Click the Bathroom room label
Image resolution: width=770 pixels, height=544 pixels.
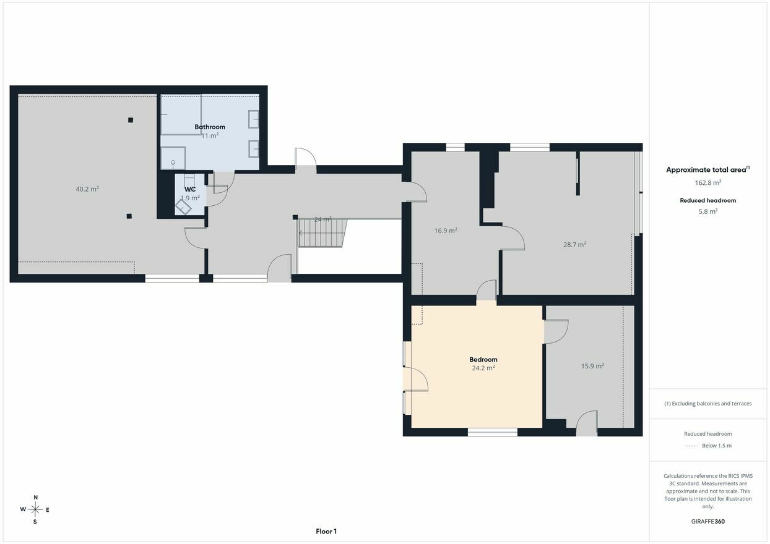point(210,127)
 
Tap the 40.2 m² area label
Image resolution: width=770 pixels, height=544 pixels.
point(87,189)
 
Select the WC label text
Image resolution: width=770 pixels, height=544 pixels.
point(190,189)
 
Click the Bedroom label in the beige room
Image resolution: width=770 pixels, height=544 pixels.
point(483,360)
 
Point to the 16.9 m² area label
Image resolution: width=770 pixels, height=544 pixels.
point(446,231)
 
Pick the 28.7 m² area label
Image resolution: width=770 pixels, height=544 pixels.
point(575,244)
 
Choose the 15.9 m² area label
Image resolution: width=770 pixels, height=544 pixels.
point(592,366)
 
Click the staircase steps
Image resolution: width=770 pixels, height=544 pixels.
point(322,233)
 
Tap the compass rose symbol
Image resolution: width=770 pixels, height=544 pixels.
point(35,509)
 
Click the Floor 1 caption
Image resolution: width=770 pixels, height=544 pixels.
point(326,531)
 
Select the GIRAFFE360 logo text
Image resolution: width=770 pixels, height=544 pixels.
point(707,521)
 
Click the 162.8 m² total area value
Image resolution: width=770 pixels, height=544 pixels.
point(707,182)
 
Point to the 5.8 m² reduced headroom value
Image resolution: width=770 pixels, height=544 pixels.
point(707,211)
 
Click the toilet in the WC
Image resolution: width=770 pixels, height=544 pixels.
point(183,206)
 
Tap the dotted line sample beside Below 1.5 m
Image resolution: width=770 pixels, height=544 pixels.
point(691,446)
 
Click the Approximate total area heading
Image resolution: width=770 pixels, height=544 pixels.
point(707,169)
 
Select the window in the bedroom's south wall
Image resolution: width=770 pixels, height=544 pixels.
point(493,431)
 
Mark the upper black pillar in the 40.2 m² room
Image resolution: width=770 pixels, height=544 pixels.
point(131,120)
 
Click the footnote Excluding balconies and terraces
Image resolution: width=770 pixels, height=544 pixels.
point(707,404)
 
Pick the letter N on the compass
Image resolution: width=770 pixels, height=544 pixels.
point(35,497)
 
